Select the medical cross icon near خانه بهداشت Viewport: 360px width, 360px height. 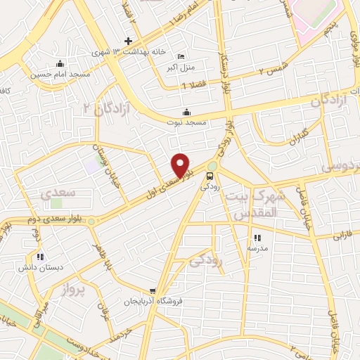127,41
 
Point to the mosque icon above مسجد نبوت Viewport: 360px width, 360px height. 186,112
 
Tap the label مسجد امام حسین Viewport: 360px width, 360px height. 51,72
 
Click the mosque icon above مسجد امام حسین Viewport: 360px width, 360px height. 61,63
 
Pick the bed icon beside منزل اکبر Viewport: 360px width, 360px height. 181,57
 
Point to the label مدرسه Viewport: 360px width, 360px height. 257,248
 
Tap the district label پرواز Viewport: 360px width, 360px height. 71,289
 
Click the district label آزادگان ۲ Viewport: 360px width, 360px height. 98,107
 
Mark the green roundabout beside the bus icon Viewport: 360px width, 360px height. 212,167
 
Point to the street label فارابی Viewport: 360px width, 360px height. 340,237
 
